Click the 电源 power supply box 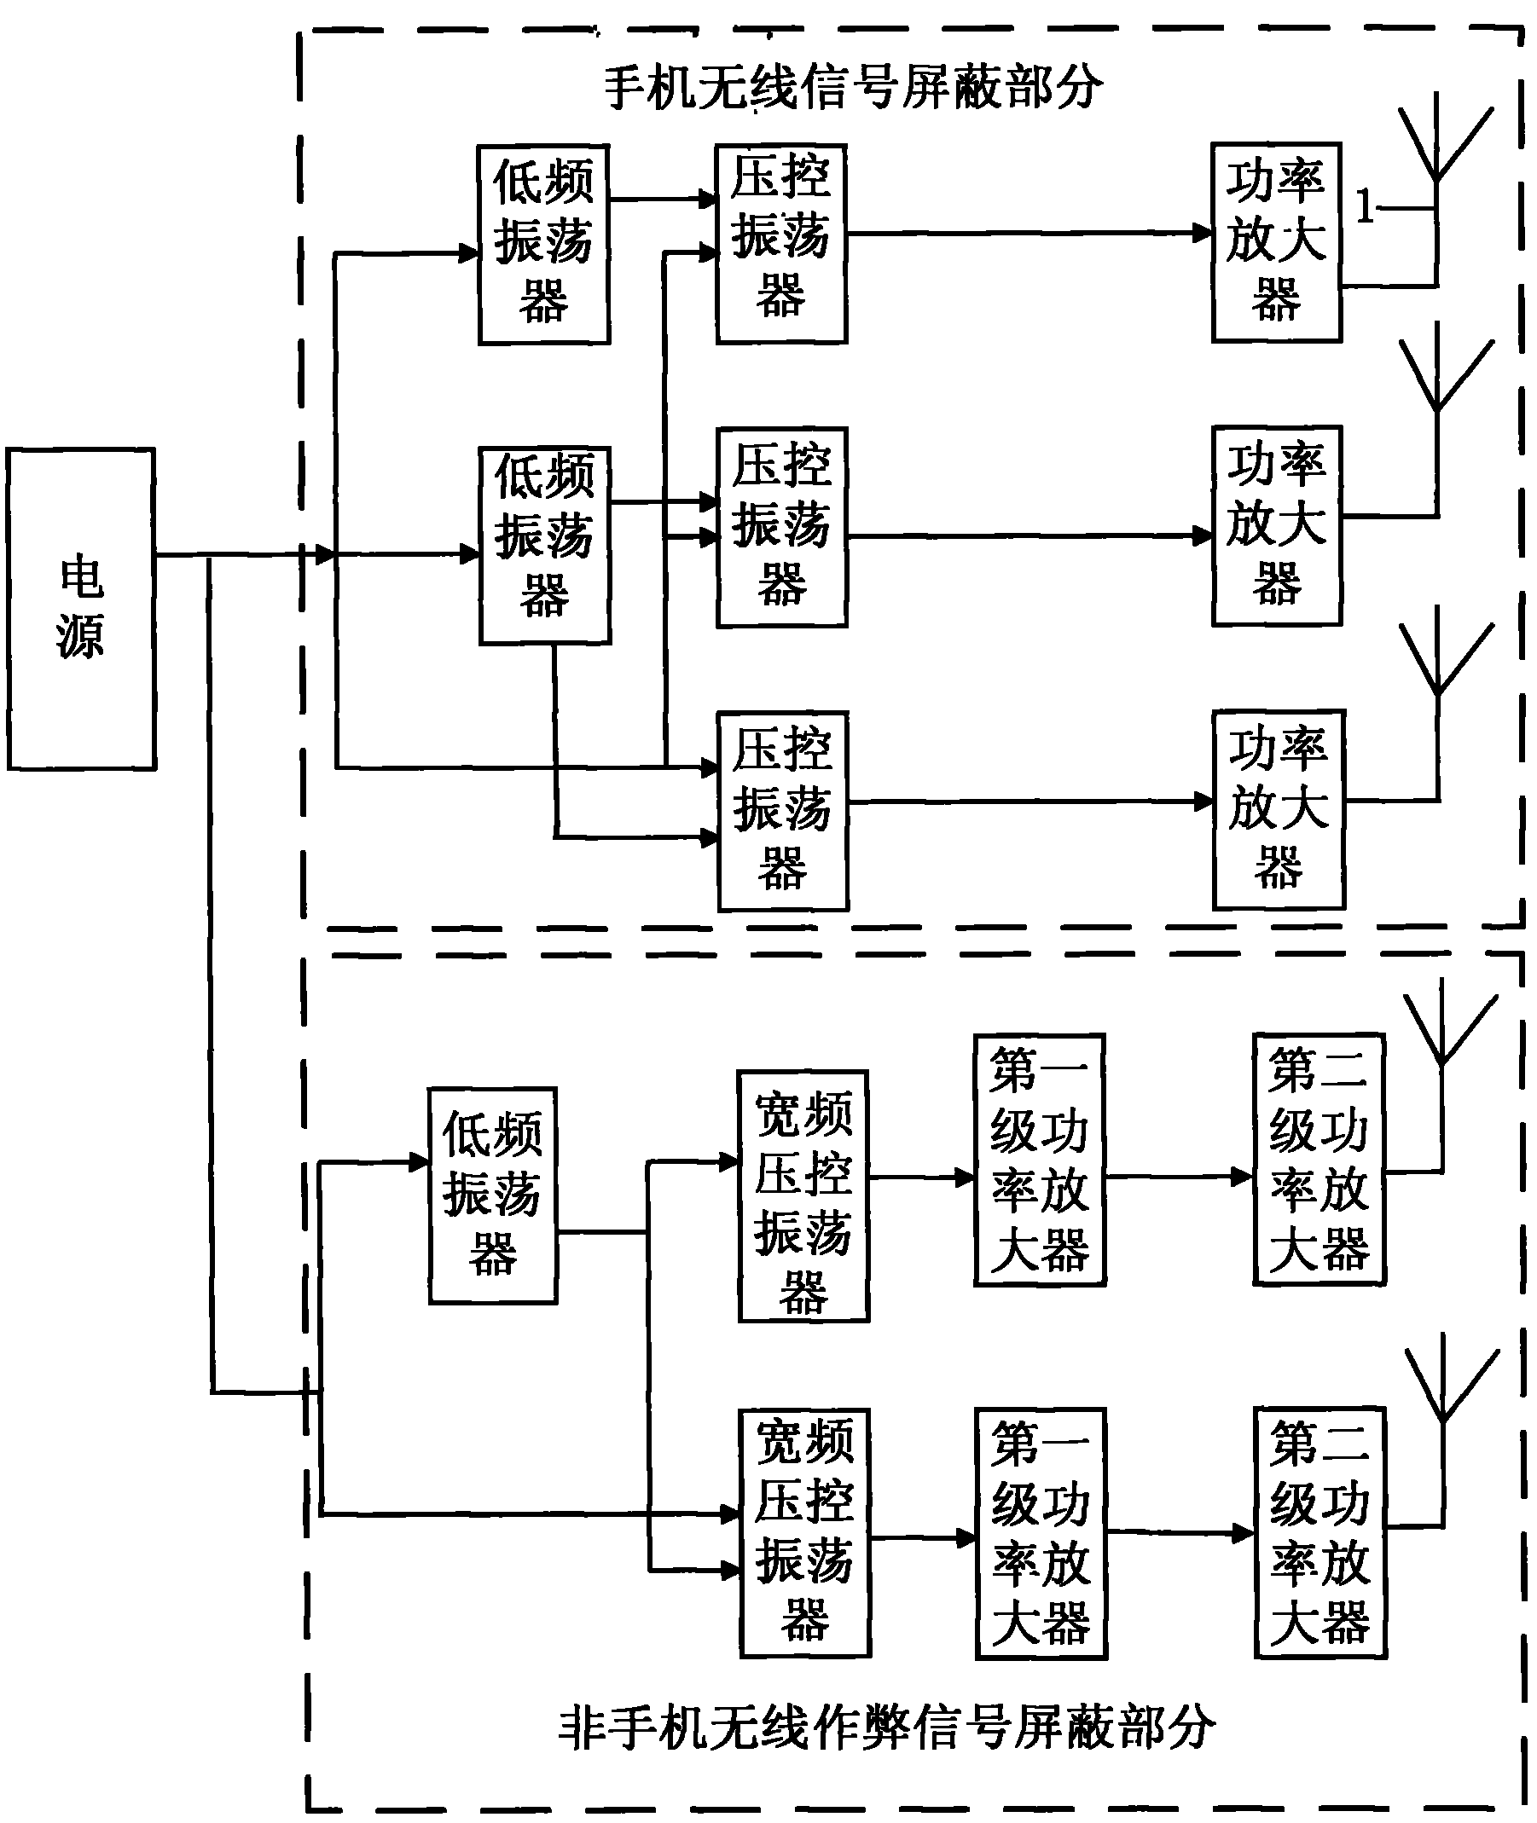pos(81,609)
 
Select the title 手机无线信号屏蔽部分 pos(853,88)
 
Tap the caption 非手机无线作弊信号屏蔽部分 pos(886,1728)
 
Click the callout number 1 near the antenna pos(1365,207)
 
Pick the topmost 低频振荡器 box pos(543,245)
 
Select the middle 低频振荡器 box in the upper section pos(544,546)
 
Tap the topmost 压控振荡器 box pos(781,244)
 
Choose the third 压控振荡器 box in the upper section pos(782,811)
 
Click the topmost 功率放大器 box pos(1277,242)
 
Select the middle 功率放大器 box pos(1277,526)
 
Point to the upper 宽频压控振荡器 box pos(803,1196)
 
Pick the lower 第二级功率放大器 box pos(1319,1532)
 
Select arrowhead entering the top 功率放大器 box pos(1203,233)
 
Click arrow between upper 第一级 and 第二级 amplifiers pos(1180,1177)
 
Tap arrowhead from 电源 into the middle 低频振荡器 pos(470,553)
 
